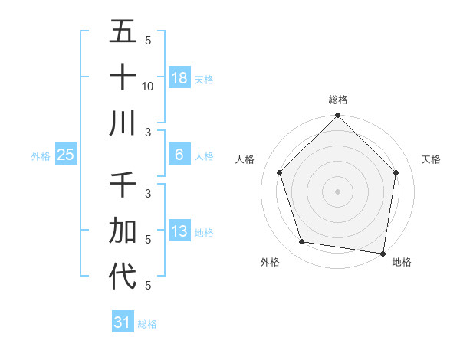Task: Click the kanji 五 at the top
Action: (x=123, y=32)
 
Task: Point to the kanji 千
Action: (x=123, y=185)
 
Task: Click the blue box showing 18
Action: (x=179, y=77)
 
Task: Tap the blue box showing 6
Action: (x=179, y=155)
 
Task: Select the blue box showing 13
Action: (x=179, y=231)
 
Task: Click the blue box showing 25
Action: (x=66, y=155)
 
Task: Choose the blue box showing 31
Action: (x=122, y=322)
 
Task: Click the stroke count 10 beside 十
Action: (x=148, y=86)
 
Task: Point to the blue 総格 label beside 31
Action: (x=147, y=324)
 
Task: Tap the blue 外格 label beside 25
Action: (x=41, y=156)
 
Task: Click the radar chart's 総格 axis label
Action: (x=338, y=100)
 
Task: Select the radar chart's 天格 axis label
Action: (x=432, y=159)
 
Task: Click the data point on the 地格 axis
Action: (x=383, y=253)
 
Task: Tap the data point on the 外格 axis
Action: (x=302, y=242)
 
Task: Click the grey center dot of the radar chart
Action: (x=338, y=191)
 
